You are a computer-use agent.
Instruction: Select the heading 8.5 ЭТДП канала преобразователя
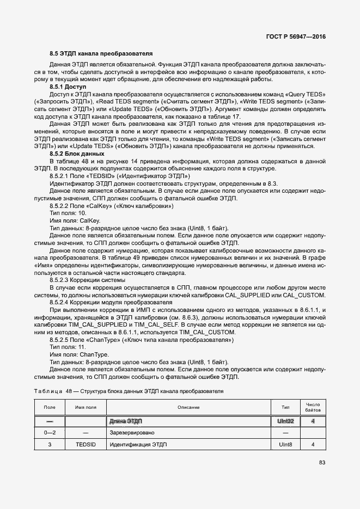click(x=101, y=53)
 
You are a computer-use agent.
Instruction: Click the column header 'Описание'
click(x=188, y=407)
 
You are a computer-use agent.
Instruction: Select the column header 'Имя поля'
click(x=86, y=407)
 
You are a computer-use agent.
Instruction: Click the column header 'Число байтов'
click(x=313, y=407)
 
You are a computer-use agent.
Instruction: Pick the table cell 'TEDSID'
click(x=86, y=444)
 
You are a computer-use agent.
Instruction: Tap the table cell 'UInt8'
click(x=285, y=444)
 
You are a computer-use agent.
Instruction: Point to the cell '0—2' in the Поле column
click(x=50, y=432)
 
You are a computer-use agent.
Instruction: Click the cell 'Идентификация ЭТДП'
click(x=139, y=444)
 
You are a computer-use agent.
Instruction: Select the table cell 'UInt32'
click(x=285, y=421)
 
